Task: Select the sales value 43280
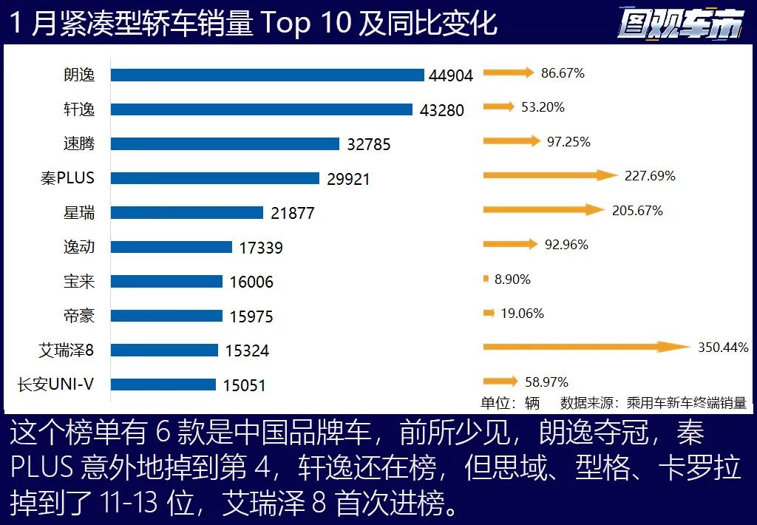[x=442, y=110]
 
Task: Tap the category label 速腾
[x=79, y=143]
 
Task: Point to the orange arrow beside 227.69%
[x=550, y=175]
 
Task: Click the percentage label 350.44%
[x=723, y=348]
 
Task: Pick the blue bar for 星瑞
[x=187, y=213]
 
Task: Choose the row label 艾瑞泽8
[x=67, y=350]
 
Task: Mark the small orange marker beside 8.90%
[x=486, y=279]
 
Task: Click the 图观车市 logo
[x=680, y=24]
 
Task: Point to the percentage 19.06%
[x=522, y=314]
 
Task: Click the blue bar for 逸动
[x=172, y=247]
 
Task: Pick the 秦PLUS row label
[x=67, y=178]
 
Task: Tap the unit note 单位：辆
[x=510, y=403]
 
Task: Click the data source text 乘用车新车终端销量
[x=687, y=403]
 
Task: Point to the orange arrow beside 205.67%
[x=544, y=210]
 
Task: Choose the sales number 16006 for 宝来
[x=251, y=282]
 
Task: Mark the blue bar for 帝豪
[x=166, y=316]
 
